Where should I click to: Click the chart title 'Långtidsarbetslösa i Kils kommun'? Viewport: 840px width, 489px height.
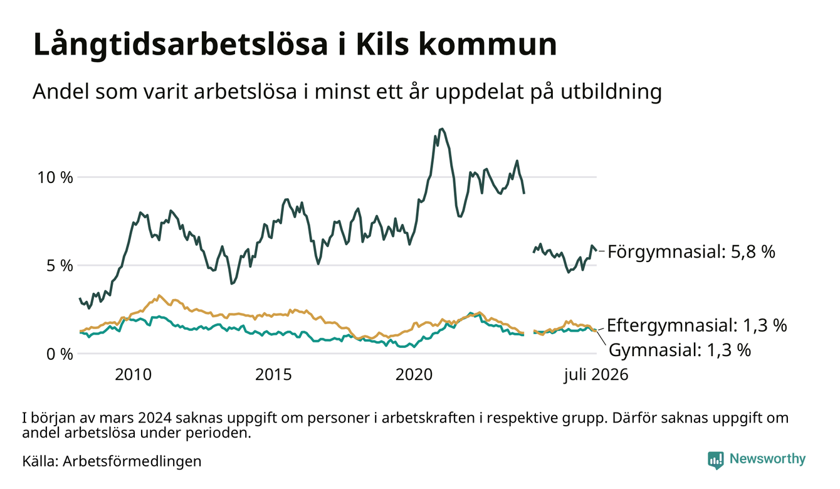295,45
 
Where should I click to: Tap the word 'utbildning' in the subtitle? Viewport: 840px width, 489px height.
611,92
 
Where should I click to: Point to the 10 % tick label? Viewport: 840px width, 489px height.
55,177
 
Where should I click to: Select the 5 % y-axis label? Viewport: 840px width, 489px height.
60,266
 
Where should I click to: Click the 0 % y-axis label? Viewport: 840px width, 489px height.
60,354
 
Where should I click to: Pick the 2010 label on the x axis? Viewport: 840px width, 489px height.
133,375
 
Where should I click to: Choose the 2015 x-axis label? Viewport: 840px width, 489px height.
273,375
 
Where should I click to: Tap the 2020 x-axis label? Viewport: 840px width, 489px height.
414,375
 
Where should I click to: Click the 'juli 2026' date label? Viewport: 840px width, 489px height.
596,375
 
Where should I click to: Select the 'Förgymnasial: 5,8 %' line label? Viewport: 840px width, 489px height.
691,251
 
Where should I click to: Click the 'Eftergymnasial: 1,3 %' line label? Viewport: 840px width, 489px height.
696,325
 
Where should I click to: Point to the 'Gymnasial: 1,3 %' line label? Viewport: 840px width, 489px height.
680,350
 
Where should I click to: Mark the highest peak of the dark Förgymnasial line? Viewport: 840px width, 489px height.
442,129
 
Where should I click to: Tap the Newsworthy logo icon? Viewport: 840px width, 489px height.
716,460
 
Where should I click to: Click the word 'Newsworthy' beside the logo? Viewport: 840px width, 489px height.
768,459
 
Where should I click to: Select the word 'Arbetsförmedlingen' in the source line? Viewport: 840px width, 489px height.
132,461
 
